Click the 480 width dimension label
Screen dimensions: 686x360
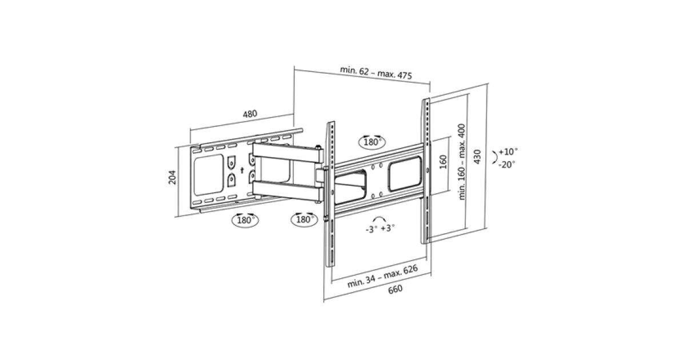click(x=250, y=114)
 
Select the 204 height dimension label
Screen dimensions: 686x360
click(x=173, y=177)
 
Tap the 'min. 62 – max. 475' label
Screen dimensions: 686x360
click(x=376, y=73)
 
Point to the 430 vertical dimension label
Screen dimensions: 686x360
click(x=477, y=157)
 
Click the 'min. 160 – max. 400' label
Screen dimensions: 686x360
click(x=461, y=162)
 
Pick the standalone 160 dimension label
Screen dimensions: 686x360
click(x=443, y=162)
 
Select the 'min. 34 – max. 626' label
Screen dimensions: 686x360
click(x=382, y=276)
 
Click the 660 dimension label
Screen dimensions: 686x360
click(x=395, y=289)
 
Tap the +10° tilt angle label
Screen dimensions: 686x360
click(x=508, y=151)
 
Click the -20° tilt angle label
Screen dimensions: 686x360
click(x=507, y=165)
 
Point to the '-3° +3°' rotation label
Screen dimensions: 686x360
click(x=380, y=229)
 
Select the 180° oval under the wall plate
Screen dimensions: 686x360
click(x=245, y=220)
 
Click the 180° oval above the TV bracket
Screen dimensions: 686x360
click(x=372, y=142)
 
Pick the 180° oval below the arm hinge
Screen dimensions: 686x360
click(x=304, y=219)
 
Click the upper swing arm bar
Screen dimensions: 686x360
click(x=287, y=153)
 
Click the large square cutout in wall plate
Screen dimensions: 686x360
click(x=209, y=175)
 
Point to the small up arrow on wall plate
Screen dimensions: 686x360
click(x=242, y=170)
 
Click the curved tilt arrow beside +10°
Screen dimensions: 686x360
click(x=495, y=157)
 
